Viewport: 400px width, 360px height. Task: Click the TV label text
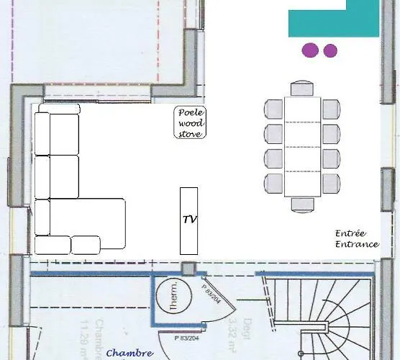coord(190,220)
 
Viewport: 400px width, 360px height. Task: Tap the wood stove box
coord(191,122)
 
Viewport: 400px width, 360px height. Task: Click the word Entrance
coord(357,244)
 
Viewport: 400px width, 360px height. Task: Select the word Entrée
coord(351,233)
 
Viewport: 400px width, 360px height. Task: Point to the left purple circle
coord(309,50)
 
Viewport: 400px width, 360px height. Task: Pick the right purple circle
coord(330,50)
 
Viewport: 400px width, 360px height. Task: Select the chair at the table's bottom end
coord(302,204)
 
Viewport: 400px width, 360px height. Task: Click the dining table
coord(302,147)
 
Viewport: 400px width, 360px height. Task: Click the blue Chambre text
coord(129,353)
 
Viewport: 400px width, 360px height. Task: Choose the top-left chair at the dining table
coord(274,109)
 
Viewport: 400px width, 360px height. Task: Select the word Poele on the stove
coord(191,112)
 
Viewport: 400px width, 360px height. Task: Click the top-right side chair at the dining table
coord(330,109)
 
